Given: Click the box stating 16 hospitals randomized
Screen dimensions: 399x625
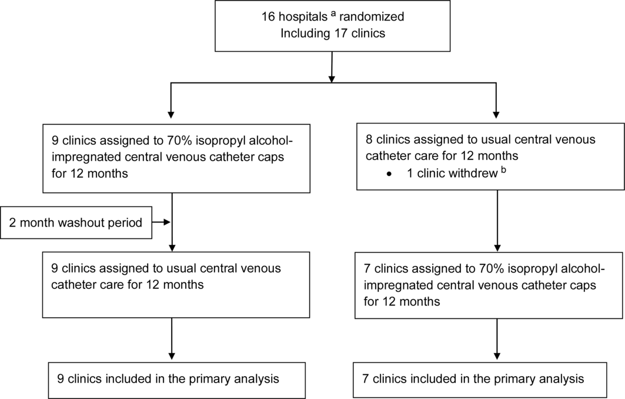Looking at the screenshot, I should click(332, 25).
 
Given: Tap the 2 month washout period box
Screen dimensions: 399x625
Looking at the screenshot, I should click(76, 222).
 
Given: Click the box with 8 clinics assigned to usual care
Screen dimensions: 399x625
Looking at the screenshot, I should click(490, 157).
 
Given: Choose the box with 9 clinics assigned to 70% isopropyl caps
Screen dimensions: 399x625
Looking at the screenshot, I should click(176, 157).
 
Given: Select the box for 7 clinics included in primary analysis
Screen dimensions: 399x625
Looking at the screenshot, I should click(490, 379).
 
